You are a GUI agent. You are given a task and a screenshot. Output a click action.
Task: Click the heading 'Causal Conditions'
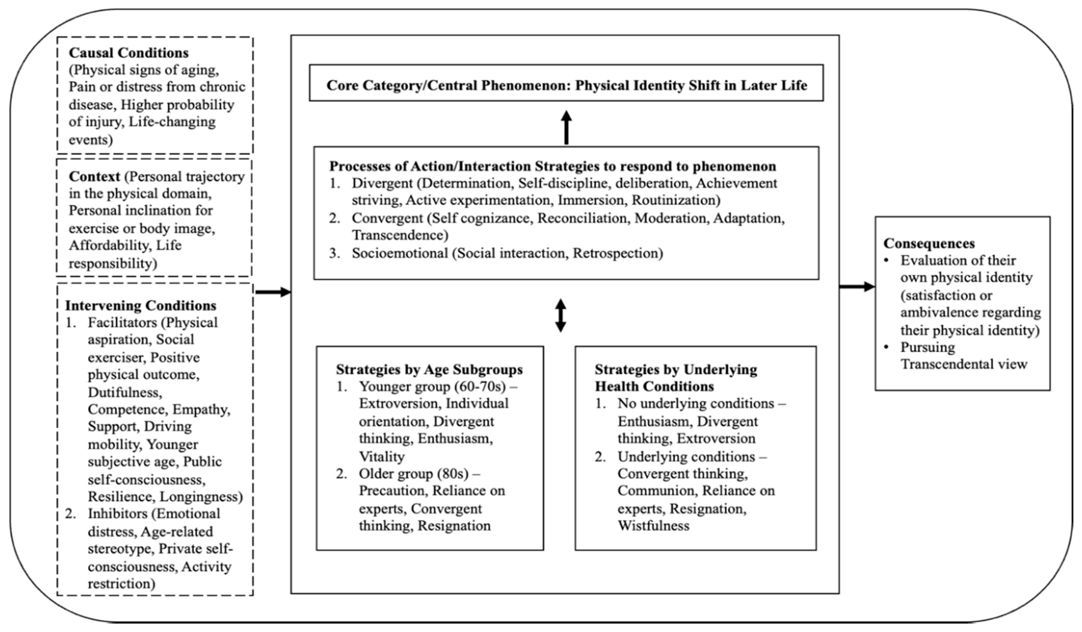click(x=128, y=53)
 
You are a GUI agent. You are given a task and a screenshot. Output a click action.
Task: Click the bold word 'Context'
click(x=94, y=176)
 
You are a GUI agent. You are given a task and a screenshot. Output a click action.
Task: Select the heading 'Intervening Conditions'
click(x=141, y=306)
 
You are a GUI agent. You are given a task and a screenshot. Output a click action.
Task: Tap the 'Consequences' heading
click(x=929, y=243)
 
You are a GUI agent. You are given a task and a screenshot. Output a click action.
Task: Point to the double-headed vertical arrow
click(x=560, y=316)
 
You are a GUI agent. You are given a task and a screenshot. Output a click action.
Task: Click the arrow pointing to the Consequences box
click(x=857, y=286)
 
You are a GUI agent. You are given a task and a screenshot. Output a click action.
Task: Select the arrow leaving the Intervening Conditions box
click(x=273, y=292)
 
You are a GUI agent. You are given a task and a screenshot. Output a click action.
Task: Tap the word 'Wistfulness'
click(x=653, y=526)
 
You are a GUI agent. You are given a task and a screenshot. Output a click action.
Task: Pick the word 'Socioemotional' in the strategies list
click(x=400, y=253)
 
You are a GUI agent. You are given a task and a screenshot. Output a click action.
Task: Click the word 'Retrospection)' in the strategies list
click(x=618, y=253)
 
